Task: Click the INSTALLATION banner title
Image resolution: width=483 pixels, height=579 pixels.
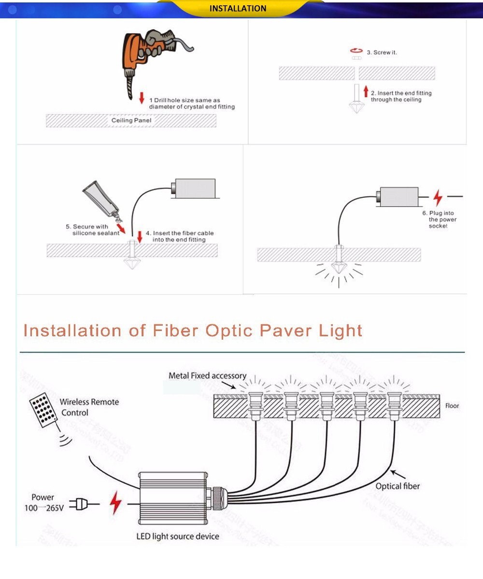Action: (238, 9)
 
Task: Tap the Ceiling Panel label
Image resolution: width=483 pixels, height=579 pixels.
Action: (131, 120)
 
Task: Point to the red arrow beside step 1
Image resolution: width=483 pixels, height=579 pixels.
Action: (142, 98)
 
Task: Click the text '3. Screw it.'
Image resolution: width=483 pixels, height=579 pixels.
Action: (382, 52)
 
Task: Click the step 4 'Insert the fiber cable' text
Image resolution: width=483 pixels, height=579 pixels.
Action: (180, 236)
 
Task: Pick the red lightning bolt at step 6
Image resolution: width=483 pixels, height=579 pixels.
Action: (438, 198)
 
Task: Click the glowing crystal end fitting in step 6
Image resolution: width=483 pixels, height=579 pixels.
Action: (339, 265)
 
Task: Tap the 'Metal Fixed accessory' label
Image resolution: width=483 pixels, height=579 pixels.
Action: (207, 376)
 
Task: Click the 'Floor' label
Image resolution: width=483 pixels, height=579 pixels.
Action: (452, 406)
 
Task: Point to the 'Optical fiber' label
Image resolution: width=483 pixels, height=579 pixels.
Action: (398, 486)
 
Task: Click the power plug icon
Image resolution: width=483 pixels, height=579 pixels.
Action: (79, 504)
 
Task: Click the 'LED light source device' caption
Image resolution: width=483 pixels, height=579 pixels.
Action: (178, 537)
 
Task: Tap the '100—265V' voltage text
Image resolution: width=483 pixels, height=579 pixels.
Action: (44, 508)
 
